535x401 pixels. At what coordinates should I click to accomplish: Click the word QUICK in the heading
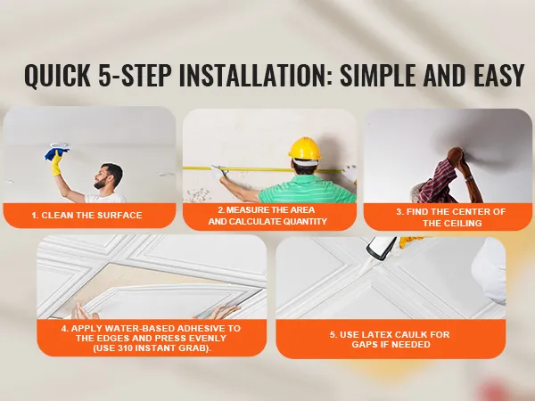(x=57, y=75)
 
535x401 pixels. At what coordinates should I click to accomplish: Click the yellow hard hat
(x=305, y=149)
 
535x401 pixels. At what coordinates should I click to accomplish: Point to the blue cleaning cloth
(x=55, y=152)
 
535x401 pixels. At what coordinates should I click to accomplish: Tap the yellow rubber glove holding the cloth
(x=57, y=164)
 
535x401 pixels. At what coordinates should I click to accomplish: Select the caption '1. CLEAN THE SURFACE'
(x=86, y=216)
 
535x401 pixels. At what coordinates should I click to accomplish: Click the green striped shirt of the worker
(x=307, y=189)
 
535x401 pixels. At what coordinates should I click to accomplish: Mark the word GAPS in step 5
(x=364, y=344)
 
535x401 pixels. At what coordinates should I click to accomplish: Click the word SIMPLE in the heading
(x=378, y=74)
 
